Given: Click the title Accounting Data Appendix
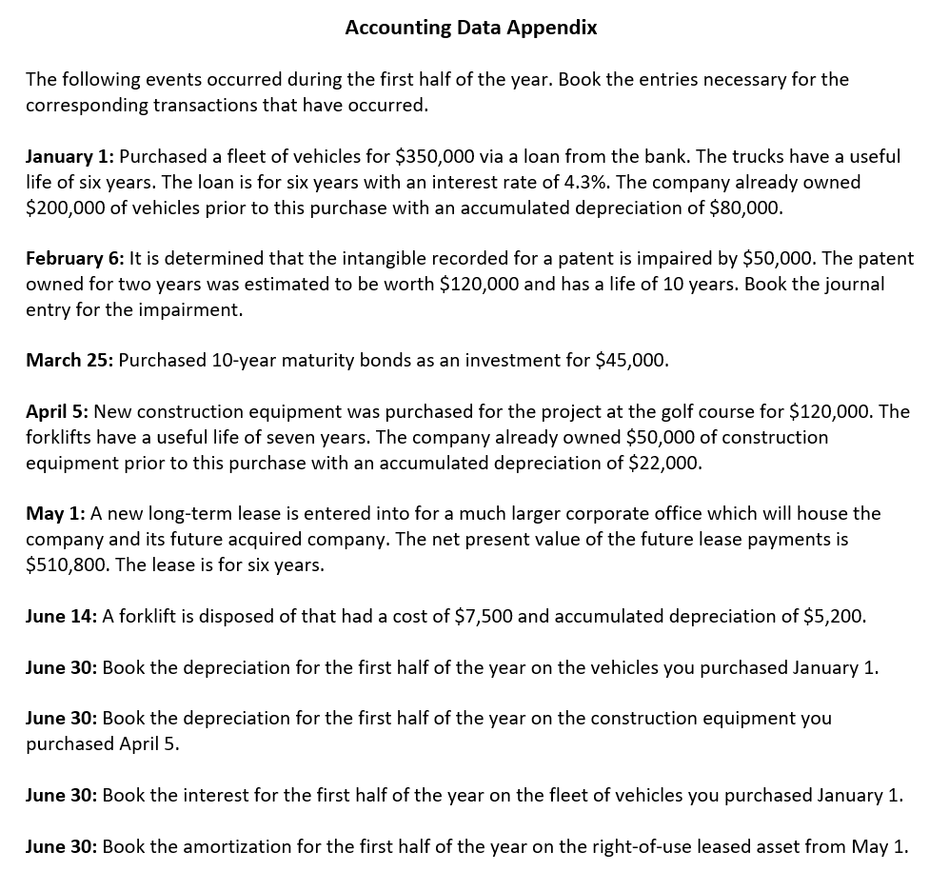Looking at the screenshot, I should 470,28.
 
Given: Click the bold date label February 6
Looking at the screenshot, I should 74,258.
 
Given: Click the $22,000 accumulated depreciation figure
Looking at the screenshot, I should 664,463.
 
